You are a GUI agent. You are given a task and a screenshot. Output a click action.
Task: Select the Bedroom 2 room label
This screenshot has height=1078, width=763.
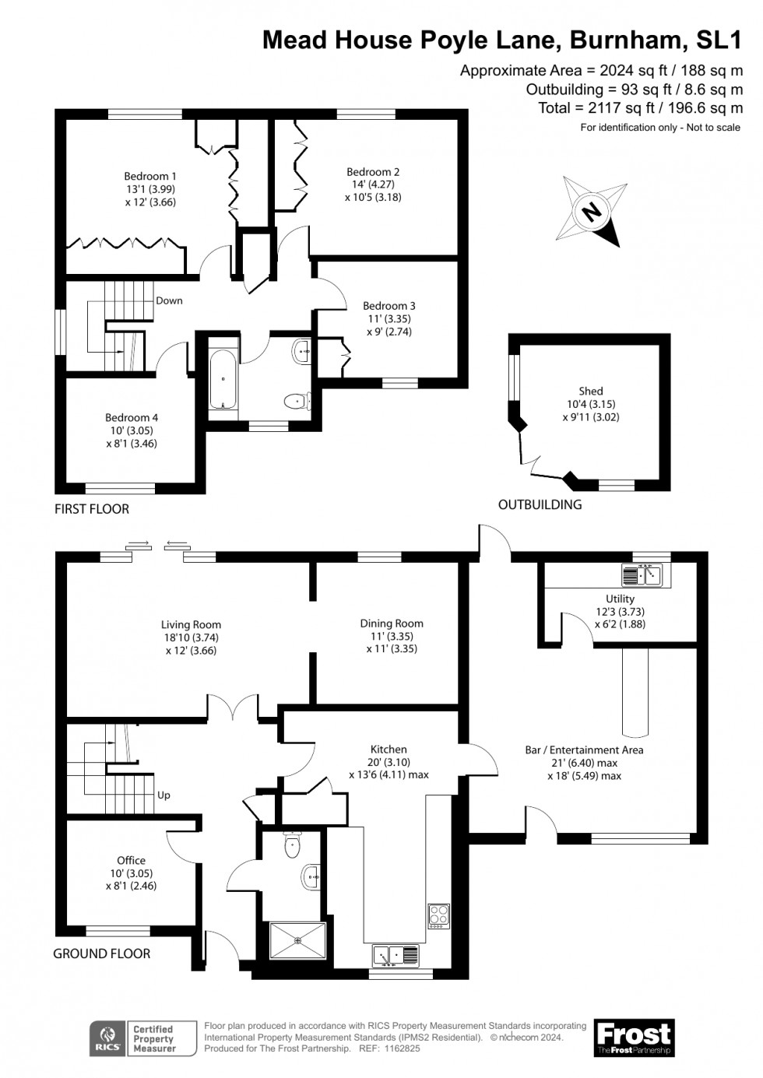click(x=373, y=172)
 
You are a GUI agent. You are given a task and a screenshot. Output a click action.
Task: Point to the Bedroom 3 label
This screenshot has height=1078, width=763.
click(x=389, y=306)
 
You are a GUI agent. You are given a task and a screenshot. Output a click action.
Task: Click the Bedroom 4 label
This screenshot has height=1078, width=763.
click(x=132, y=418)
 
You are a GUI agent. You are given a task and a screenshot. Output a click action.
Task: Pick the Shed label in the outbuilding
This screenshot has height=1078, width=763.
click(x=591, y=392)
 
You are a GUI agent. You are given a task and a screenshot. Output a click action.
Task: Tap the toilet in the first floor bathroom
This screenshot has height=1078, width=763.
click(x=297, y=401)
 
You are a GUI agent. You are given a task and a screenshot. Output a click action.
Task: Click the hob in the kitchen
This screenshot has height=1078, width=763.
click(x=438, y=915)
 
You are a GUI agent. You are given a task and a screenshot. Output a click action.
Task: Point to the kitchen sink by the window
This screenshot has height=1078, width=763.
click(x=396, y=953)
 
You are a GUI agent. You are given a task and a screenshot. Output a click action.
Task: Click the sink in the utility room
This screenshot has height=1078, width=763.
click(x=642, y=575)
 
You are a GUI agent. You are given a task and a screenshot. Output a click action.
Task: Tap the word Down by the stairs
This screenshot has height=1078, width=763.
click(x=169, y=300)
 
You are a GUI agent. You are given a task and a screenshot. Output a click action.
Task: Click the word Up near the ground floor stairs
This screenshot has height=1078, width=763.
click(x=163, y=795)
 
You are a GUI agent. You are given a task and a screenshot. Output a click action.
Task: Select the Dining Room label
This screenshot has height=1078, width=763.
click(x=392, y=623)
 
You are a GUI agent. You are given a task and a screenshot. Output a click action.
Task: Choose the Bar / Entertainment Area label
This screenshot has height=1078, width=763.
click(x=584, y=750)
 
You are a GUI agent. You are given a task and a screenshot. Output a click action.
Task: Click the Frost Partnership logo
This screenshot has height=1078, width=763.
click(x=633, y=1038)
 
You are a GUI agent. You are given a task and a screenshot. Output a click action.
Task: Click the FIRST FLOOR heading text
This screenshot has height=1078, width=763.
click(x=92, y=509)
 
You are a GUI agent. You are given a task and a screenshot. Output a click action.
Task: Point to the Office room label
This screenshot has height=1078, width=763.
click(x=131, y=860)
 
